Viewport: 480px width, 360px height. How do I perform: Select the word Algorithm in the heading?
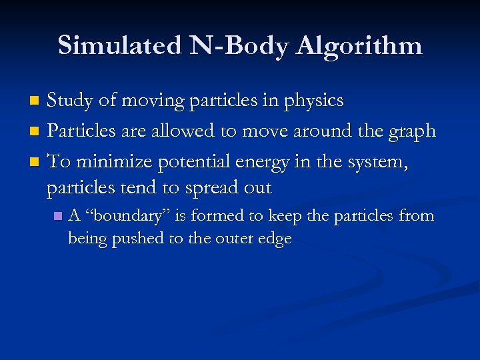[x=360, y=46]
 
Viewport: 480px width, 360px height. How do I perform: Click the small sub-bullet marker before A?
[x=58, y=217]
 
